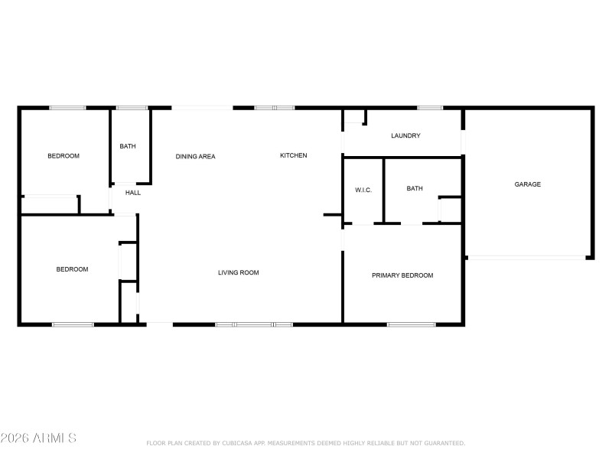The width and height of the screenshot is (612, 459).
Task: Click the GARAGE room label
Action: (x=527, y=184)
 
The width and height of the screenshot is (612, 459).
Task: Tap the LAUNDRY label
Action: (x=405, y=136)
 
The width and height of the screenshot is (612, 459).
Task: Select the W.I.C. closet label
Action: (x=363, y=190)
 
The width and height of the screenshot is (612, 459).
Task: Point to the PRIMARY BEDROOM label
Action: (x=402, y=275)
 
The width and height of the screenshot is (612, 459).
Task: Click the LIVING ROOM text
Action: (x=239, y=272)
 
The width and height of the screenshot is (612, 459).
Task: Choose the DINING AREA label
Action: (x=195, y=157)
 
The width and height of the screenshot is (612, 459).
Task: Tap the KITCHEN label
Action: (x=293, y=156)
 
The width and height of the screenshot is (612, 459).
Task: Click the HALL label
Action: (x=133, y=193)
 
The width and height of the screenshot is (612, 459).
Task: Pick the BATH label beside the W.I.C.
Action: (x=415, y=188)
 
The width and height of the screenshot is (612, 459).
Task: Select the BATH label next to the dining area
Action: (x=128, y=146)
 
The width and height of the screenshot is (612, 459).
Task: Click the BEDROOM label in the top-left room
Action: (x=63, y=156)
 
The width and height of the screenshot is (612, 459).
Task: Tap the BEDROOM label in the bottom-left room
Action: (x=72, y=269)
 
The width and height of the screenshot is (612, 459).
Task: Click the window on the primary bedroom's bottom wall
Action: (x=411, y=325)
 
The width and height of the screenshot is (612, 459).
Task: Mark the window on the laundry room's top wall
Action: (x=430, y=108)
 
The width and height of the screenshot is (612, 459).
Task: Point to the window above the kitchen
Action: (x=274, y=108)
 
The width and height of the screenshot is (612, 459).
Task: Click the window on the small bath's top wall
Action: (x=132, y=108)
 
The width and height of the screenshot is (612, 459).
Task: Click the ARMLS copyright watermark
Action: (x=38, y=438)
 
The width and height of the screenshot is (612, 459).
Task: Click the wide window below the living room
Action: (x=253, y=325)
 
